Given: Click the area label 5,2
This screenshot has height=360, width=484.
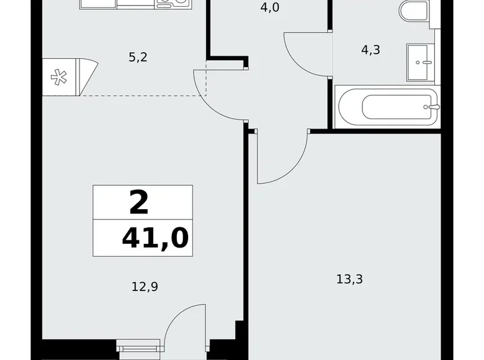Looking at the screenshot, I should coord(138,58).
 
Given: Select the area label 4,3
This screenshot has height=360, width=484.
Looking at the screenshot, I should coord(370,50).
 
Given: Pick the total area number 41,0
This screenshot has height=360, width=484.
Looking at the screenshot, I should coord(155,237).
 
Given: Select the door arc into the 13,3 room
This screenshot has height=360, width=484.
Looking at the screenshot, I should coord(285,163).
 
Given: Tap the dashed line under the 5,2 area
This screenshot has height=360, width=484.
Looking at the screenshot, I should coord(143,96).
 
